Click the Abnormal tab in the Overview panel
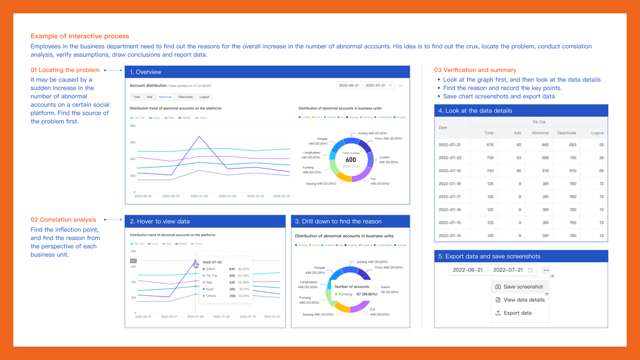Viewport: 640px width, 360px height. [165, 97]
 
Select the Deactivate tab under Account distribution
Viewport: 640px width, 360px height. [185, 97]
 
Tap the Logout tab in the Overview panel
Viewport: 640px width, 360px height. [205, 97]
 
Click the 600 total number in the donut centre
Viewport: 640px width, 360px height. [350, 160]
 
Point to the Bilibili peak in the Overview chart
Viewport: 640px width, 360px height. [199, 136]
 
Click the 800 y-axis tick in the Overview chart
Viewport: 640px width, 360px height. [133, 126]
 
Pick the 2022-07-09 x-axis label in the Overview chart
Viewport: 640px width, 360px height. [227, 196]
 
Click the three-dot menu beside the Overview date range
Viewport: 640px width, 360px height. [401, 86]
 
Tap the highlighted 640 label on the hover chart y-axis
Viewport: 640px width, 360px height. [133, 261]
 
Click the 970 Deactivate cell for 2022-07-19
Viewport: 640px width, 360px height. [567, 170]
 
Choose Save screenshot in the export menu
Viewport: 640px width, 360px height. [523, 287]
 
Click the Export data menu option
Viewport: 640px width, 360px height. [517, 313]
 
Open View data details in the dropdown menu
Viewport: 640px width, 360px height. [524, 300]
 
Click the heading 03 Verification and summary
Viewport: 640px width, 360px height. [475, 70]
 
